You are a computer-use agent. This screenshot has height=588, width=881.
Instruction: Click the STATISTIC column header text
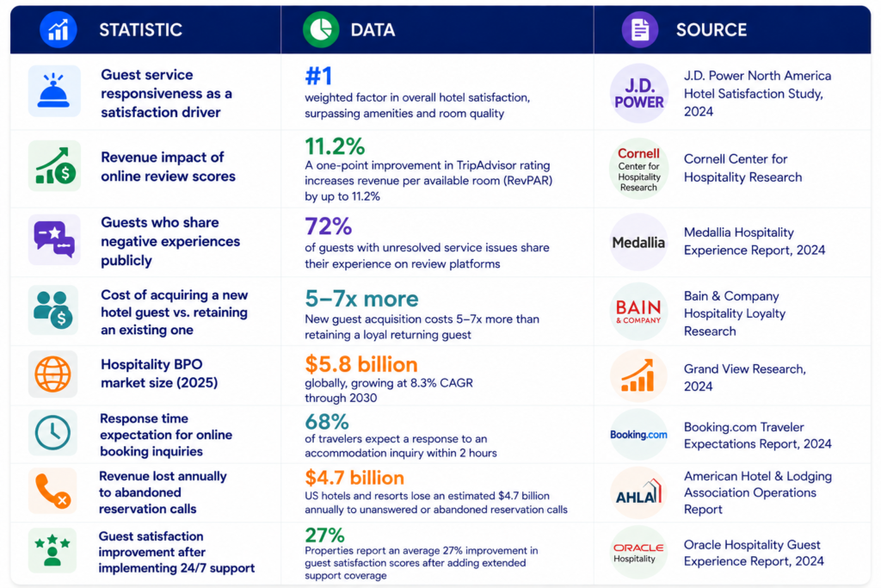(140, 30)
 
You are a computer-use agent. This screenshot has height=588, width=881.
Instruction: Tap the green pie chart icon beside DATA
(321, 29)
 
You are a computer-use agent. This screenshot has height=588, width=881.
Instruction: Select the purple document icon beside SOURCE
(640, 30)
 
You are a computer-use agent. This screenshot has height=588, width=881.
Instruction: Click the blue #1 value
(318, 76)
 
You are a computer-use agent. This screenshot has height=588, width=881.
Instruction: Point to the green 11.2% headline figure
(335, 146)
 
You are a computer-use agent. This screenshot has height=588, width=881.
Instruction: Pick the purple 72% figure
(329, 226)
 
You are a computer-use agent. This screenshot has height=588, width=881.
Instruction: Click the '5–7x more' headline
(362, 299)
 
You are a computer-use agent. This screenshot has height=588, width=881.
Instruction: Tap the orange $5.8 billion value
(361, 364)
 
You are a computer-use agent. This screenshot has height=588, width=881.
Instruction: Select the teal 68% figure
(327, 422)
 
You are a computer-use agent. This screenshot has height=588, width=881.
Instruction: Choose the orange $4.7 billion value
(354, 478)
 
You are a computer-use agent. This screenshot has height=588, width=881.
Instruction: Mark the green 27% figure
(324, 535)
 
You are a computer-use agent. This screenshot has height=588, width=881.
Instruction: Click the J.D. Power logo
(639, 93)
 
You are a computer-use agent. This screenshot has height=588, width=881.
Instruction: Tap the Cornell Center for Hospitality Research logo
(639, 169)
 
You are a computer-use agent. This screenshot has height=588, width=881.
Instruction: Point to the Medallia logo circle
(639, 242)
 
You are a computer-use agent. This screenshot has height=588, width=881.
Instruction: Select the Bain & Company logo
(639, 312)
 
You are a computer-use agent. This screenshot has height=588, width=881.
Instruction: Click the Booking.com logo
(639, 435)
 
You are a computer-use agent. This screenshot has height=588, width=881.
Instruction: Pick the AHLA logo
(639, 492)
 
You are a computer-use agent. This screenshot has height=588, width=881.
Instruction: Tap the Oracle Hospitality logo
(638, 552)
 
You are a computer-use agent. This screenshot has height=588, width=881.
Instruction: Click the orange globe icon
(52, 374)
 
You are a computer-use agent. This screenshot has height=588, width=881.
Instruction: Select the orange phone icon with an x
(52, 492)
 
